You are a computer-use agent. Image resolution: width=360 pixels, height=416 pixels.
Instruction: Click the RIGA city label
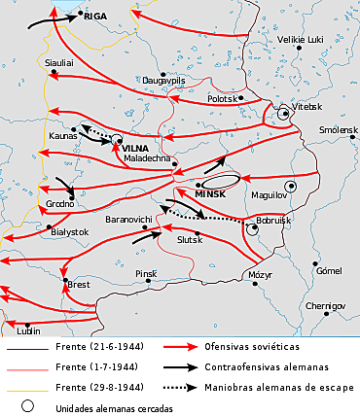(x=95, y=17)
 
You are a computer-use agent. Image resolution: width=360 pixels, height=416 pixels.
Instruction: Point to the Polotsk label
(x=223, y=98)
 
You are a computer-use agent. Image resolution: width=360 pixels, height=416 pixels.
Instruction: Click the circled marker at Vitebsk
(x=284, y=114)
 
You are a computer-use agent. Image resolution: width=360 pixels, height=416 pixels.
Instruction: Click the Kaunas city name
(x=63, y=136)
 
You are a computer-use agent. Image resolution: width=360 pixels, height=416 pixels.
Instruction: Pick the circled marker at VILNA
(x=118, y=140)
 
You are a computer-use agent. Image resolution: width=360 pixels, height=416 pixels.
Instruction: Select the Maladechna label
(x=149, y=157)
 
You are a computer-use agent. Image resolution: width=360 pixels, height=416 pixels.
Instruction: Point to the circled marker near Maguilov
(x=290, y=186)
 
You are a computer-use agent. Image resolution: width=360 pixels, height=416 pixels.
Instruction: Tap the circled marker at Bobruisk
(x=253, y=229)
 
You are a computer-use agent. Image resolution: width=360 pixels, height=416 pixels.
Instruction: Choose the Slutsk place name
(x=189, y=239)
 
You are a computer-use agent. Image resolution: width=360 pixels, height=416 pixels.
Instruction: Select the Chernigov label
(x=325, y=305)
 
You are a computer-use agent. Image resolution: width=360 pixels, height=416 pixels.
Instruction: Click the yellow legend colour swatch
(x=27, y=391)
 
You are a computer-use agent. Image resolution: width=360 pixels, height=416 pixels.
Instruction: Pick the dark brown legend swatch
(x=27, y=349)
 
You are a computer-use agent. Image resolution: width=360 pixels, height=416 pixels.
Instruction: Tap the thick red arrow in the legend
(x=180, y=346)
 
